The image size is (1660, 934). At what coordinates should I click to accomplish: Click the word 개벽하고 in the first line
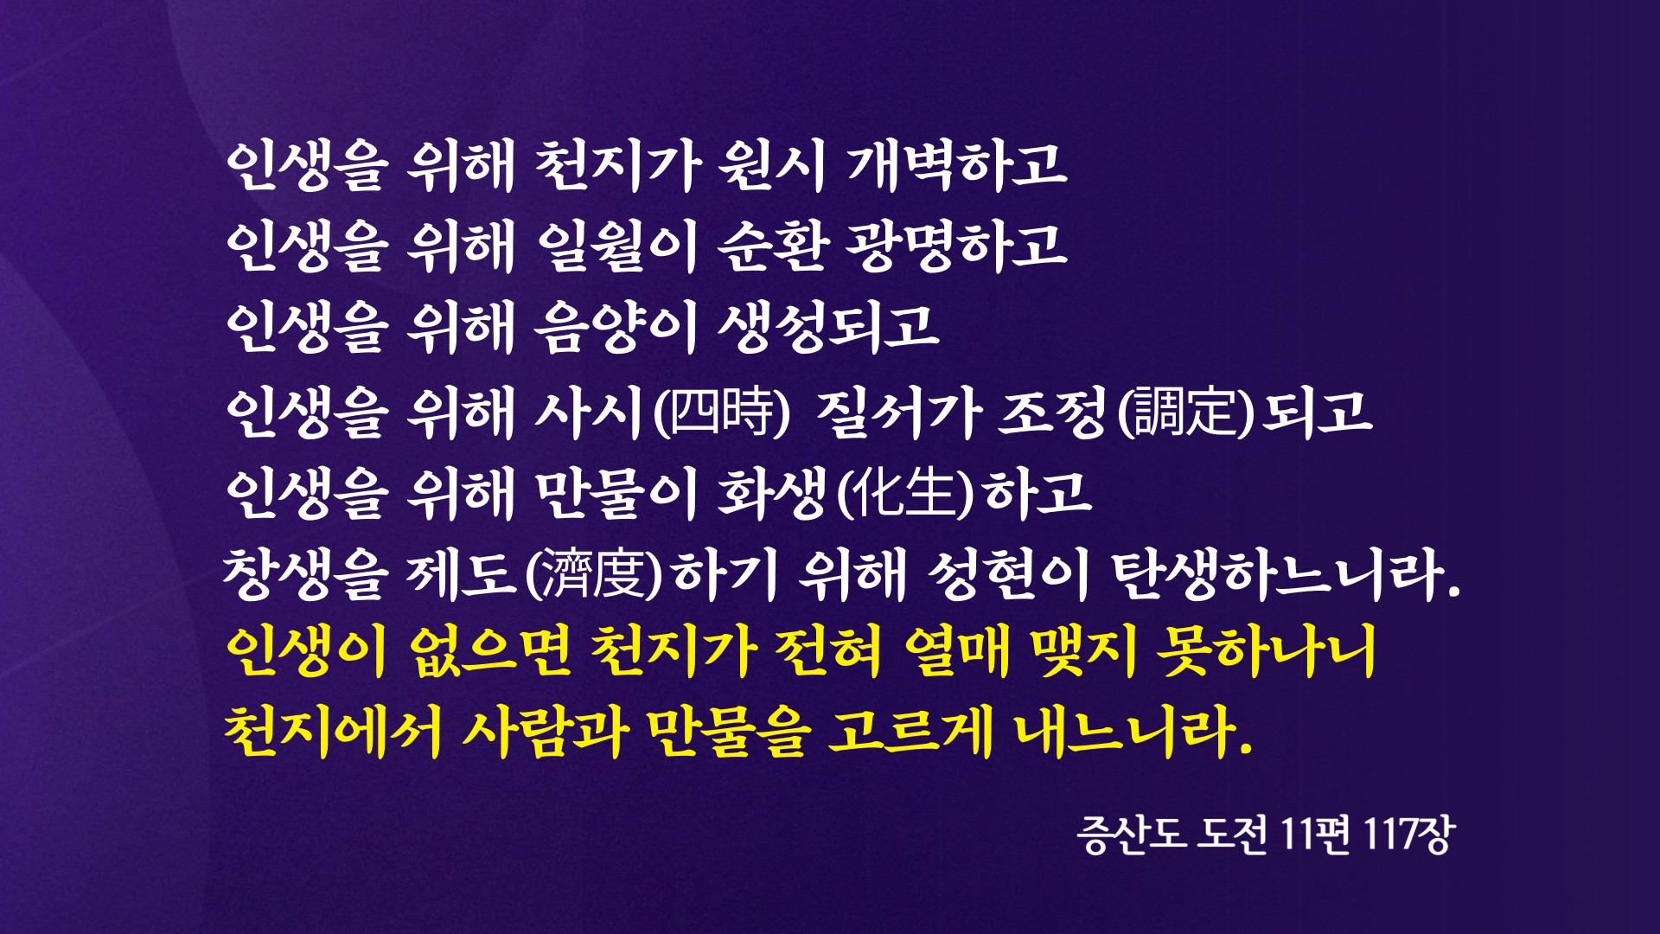click(x=956, y=164)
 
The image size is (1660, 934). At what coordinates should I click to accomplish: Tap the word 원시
click(x=771, y=164)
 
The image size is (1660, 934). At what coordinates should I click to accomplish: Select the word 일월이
click(x=615, y=245)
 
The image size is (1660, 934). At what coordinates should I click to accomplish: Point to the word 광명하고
click(x=956, y=245)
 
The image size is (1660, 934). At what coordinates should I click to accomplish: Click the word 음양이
click(x=615, y=327)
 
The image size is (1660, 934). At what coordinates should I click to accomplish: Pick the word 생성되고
click(x=828, y=327)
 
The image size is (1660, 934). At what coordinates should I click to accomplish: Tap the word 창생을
click(x=302, y=573)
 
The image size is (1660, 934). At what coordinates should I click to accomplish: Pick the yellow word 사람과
click(x=544, y=732)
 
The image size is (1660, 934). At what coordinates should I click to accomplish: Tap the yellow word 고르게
click(x=908, y=732)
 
